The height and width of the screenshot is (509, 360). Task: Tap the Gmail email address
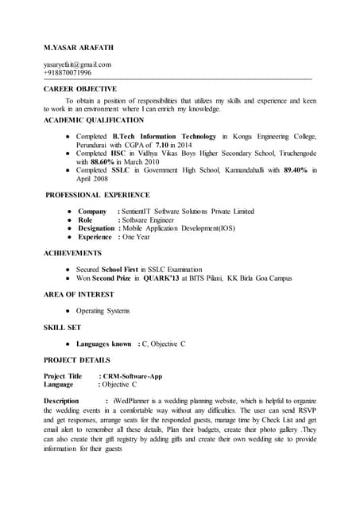(x=77, y=64)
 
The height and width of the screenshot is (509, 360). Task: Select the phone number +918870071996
(x=68, y=73)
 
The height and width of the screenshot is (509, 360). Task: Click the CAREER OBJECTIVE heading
(x=79, y=89)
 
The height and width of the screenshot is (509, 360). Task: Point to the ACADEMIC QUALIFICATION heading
(x=93, y=120)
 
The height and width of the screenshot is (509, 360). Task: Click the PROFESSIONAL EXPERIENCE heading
(x=97, y=195)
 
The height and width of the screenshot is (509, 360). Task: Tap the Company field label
(x=91, y=211)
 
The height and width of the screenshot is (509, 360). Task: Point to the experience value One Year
(x=135, y=237)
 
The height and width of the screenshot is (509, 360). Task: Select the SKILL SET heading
(x=62, y=327)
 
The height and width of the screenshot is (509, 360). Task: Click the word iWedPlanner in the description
(x=132, y=400)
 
